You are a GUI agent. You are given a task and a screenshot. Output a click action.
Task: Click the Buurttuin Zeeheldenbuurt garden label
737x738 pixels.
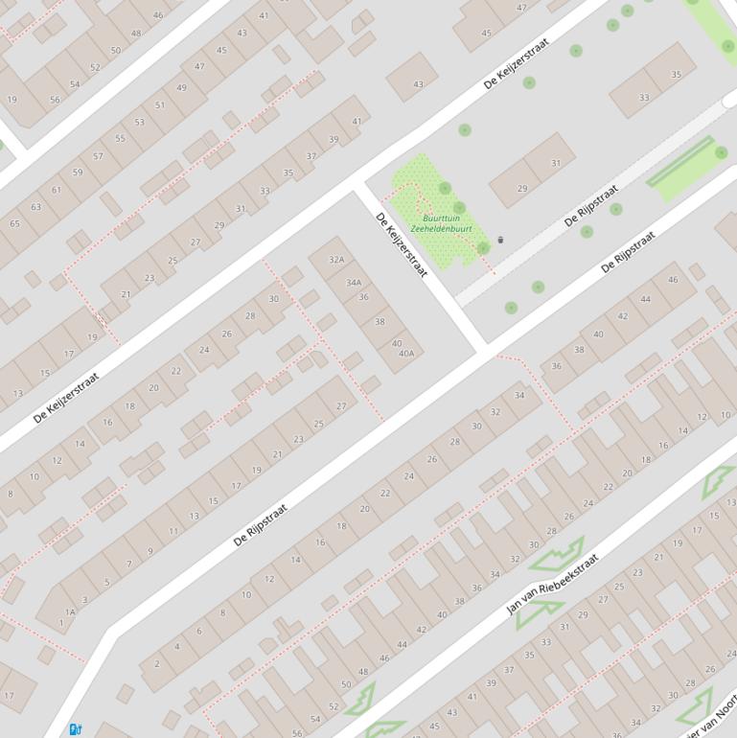pyautogui.click(x=441, y=223)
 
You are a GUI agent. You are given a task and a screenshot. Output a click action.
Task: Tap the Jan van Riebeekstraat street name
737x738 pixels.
pyautogui.click(x=552, y=583)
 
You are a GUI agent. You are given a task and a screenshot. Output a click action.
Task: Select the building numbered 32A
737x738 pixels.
pyautogui.click(x=336, y=260)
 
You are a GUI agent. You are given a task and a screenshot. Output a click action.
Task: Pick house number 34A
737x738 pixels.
pyautogui.click(x=354, y=283)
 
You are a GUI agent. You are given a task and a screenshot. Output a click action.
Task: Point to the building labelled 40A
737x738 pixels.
pyautogui.click(x=406, y=354)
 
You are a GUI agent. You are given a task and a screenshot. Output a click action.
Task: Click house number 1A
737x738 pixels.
pyautogui.click(x=70, y=611)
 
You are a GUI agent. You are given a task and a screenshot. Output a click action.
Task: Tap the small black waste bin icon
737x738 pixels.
pyautogui.click(x=500, y=240)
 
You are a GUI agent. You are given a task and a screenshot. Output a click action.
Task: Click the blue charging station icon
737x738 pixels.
pyautogui.click(x=76, y=729)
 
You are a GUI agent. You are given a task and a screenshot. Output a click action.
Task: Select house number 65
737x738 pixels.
pyautogui.click(x=14, y=223)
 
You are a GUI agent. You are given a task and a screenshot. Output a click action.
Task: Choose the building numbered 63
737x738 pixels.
pyautogui.click(x=35, y=206)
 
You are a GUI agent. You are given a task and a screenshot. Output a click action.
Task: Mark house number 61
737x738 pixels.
pyautogui.click(x=57, y=190)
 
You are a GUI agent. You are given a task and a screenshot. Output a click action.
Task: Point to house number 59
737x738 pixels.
pyautogui.click(x=78, y=173)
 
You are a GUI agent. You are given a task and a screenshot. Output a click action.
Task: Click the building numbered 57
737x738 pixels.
pyautogui.click(x=98, y=156)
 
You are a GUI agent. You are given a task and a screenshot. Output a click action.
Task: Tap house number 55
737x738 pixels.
pyautogui.click(x=120, y=138)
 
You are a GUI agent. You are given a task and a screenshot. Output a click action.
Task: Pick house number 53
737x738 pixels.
pyautogui.click(x=140, y=122)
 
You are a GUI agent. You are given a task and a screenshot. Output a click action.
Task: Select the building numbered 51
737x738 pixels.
pyautogui.click(x=160, y=105)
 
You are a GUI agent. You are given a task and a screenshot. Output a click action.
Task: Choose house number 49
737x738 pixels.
pyautogui.click(x=181, y=88)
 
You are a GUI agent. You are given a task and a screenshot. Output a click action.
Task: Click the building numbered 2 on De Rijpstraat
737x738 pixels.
pyautogui.click(x=156, y=663)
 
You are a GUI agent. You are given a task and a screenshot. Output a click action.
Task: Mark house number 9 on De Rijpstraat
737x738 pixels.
pyautogui.click(x=150, y=551)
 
